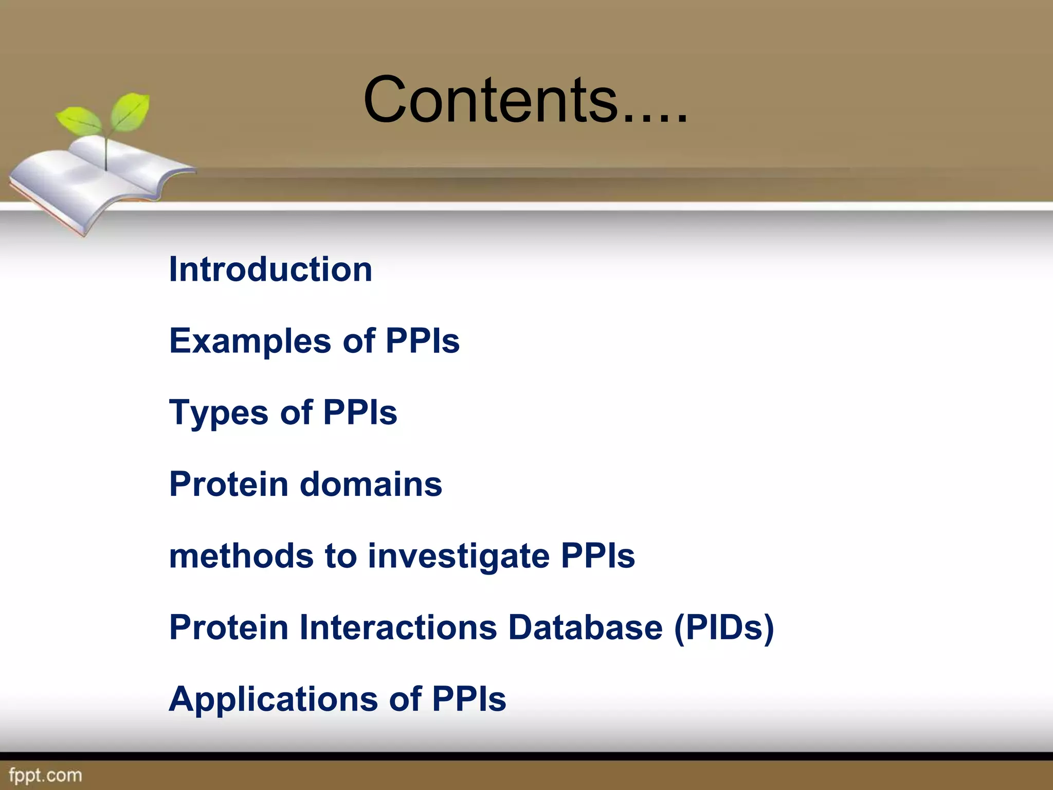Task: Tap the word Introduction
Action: point(270,269)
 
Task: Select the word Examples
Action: point(250,341)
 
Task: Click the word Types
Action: point(219,413)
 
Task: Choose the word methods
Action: point(241,556)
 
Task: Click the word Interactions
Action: point(398,627)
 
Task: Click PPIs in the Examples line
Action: point(422,341)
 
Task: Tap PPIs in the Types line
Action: point(360,413)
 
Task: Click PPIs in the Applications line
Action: point(468,699)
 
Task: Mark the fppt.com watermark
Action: point(45,775)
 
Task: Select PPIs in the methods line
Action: point(597,556)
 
